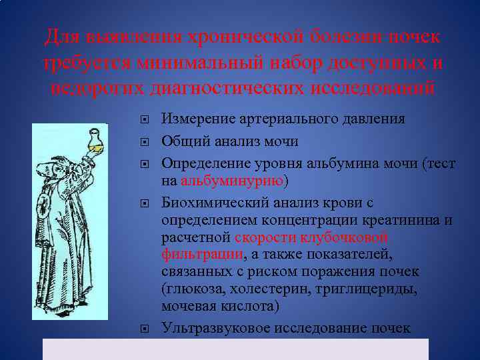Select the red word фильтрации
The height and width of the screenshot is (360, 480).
[x=201, y=254]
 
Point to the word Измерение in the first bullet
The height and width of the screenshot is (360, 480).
[x=198, y=119]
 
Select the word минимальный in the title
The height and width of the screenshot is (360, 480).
[x=201, y=63]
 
